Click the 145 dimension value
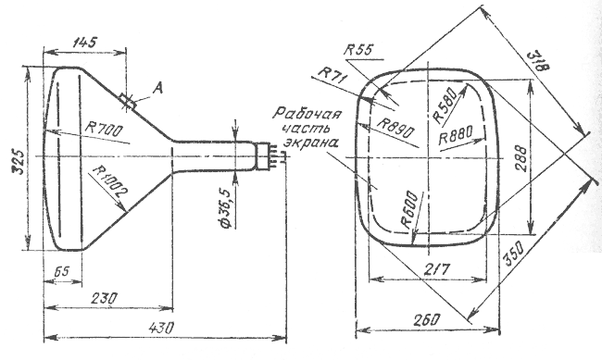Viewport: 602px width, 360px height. coord(85,42)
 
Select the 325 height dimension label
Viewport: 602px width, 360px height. coord(19,162)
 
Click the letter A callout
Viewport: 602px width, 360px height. coord(157,89)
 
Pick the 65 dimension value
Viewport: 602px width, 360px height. coord(61,272)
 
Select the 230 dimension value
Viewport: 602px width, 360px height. coord(104,298)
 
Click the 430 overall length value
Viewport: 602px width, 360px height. coord(161,328)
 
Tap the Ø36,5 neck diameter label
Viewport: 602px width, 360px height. coord(226,208)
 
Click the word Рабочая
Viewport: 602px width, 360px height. coord(307,115)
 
